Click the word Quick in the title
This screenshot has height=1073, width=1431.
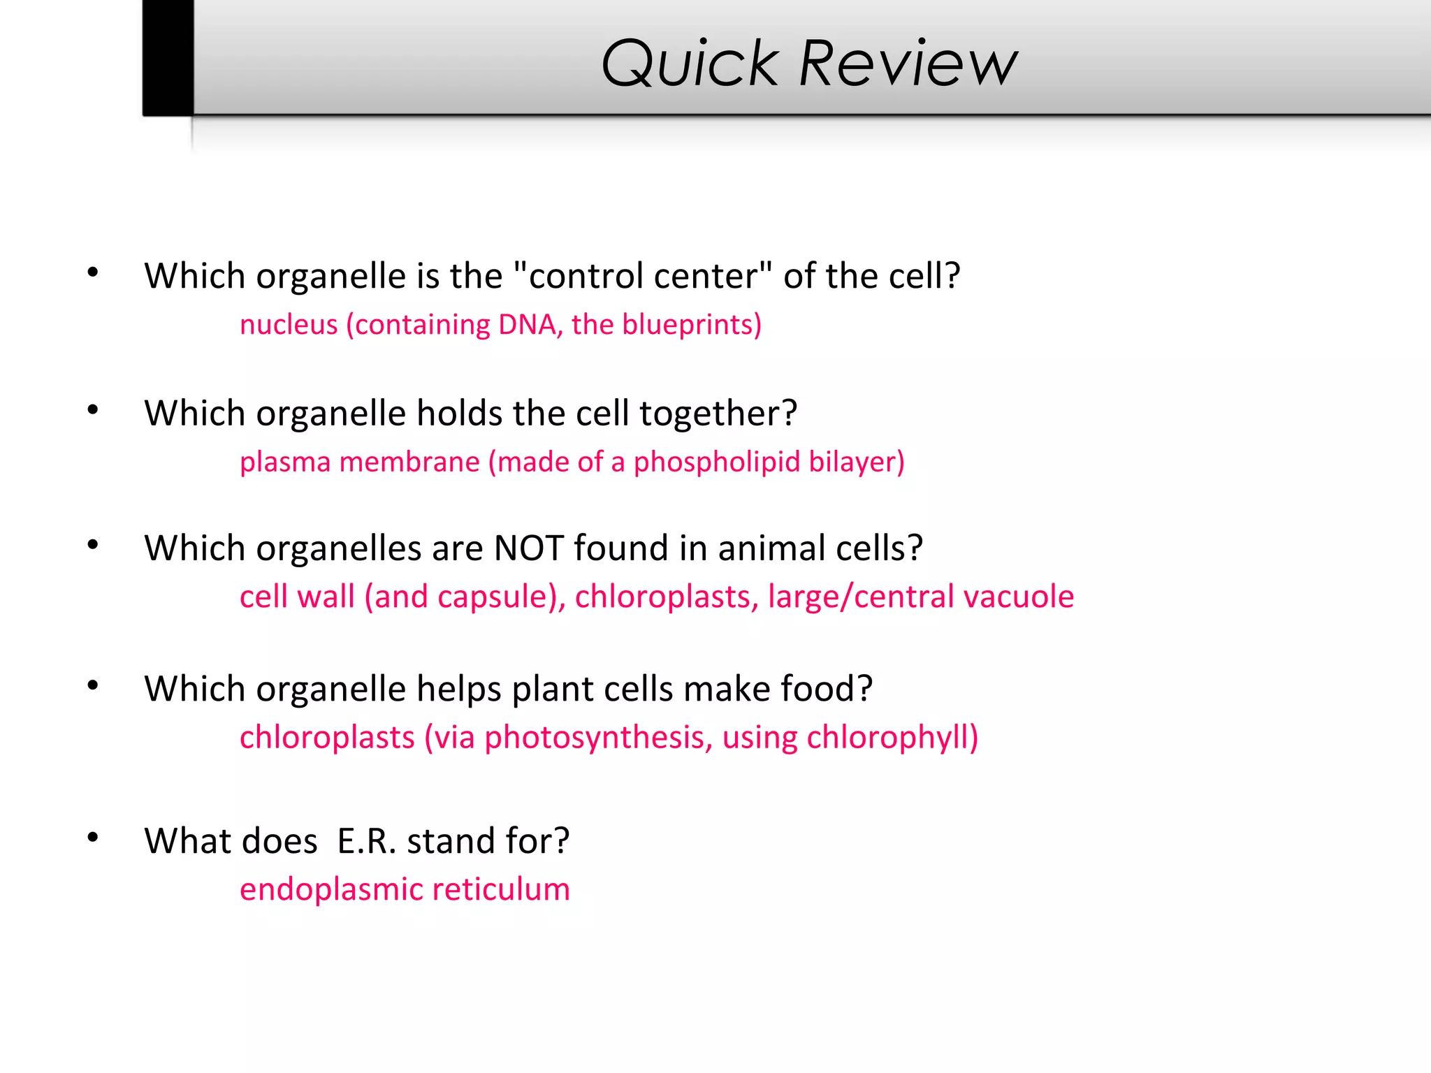coord(689,64)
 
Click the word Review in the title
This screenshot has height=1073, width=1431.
coord(908,64)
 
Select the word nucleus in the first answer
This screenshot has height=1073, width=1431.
coord(289,325)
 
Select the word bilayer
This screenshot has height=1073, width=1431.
coord(856,462)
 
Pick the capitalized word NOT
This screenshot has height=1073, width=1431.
coord(528,548)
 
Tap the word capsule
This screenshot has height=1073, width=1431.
coord(501,597)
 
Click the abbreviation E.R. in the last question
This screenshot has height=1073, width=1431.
coord(367,841)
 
